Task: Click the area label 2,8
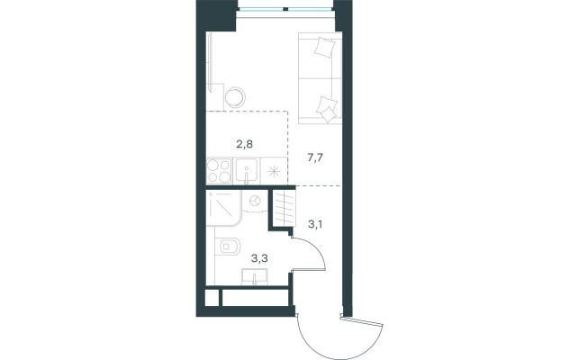click(244, 144)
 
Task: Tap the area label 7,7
click(315, 158)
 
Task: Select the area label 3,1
click(315, 223)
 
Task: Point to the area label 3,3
click(259, 258)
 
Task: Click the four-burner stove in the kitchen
click(219, 171)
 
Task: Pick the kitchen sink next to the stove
click(247, 171)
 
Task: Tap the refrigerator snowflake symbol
click(274, 171)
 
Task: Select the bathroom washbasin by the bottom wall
click(255, 277)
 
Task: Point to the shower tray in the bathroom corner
click(224, 208)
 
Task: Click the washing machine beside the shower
click(255, 202)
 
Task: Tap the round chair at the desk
click(235, 97)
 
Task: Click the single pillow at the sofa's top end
click(325, 48)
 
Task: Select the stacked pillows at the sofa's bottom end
click(327, 109)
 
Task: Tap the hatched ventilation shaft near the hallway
click(285, 208)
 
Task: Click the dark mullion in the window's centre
click(285, 8)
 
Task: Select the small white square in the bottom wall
click(212, 298)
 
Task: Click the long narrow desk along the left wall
click(211, 63)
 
